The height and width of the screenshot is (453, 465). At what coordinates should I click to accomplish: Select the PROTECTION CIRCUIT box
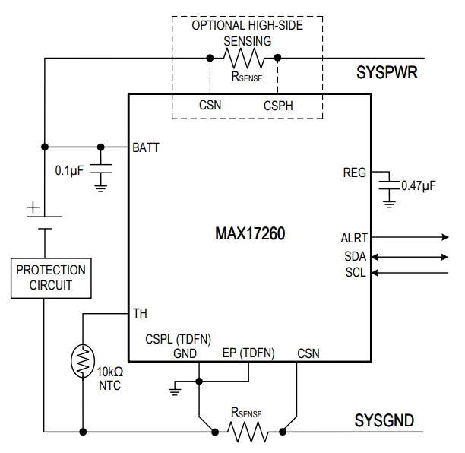coord(51,278)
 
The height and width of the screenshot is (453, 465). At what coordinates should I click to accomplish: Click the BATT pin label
coord(147,147)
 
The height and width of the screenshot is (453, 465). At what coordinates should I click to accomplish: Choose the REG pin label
coord(355,173)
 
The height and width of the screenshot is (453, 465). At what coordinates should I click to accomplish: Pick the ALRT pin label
coord(353,237)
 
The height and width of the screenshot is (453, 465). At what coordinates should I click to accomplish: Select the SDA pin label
coord(355,256)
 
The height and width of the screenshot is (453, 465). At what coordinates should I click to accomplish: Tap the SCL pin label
coord(356,272)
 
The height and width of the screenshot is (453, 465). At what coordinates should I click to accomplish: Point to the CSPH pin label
coord(279,105)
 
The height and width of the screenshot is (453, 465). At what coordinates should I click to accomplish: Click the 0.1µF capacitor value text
coord(70,170)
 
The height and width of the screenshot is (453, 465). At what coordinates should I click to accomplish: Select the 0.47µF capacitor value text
coord(419,186)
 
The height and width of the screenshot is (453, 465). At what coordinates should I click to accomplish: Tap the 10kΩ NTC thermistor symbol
coord(81,361)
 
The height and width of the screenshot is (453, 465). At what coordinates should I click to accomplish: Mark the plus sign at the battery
coord(33,207)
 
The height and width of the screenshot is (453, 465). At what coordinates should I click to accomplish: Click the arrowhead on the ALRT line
coord(444,237)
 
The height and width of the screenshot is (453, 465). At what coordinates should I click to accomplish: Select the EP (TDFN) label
coord(248,353)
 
